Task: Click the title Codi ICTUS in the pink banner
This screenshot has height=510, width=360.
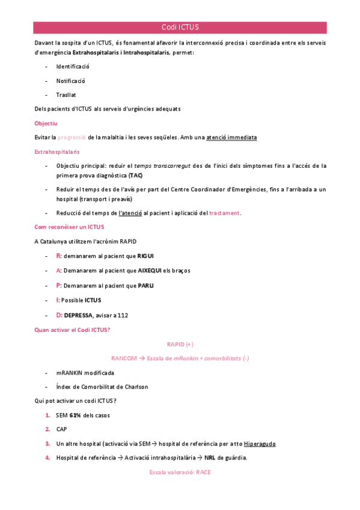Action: tap(180, 28)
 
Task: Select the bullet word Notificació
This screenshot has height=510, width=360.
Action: tap(71, 80)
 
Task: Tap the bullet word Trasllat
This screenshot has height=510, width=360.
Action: tap(66, 94)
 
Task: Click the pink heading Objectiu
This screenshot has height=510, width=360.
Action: tap(46, 123)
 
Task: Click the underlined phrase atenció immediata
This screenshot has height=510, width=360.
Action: tap(231, 138)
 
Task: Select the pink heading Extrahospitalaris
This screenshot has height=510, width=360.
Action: tap(57, 152)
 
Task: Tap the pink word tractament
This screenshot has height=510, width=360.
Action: tap(225, 213)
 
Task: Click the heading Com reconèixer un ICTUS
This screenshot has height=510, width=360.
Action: tap(69, 227)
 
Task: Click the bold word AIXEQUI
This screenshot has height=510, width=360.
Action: tap(155, 271)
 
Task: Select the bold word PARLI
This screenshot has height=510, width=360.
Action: tap(146, 285)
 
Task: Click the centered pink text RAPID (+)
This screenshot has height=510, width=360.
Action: tap(180, 343)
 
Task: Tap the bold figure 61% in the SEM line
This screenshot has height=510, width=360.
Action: tap(75, 415)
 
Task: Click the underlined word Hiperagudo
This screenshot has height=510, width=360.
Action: tap(260, 444)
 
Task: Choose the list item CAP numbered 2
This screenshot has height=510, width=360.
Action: tap(61, 429)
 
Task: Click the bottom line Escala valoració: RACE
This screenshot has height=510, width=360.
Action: tap(180, 473)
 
